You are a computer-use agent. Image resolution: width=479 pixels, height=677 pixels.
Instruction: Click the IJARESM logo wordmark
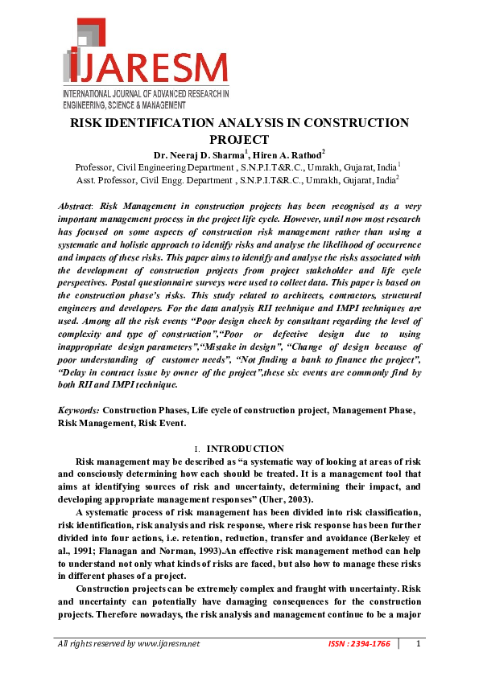point(145,64)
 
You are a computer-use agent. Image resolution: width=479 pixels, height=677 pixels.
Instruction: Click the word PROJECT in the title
point(239,139)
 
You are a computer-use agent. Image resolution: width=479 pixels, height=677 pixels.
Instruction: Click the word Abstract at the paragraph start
point(74,207)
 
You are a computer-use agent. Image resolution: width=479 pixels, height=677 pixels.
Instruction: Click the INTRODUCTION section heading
point(246,449)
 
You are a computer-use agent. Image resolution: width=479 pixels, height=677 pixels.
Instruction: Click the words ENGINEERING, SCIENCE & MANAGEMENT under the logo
point(124,105)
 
